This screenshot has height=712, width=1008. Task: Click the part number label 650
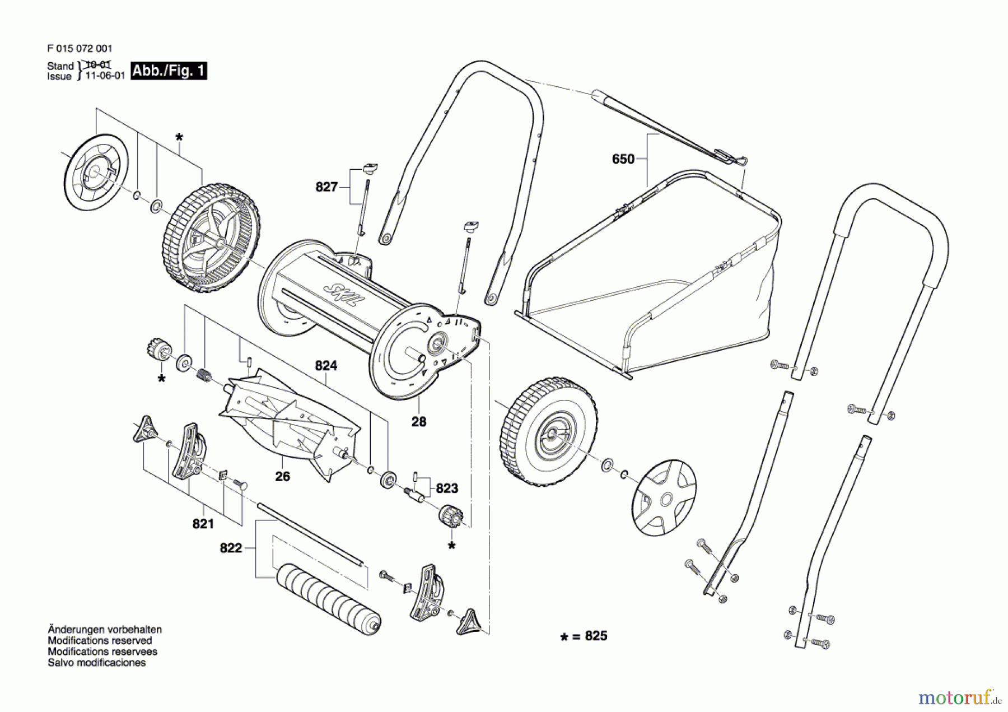[x=623, y=159]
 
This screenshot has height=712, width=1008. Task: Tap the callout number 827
[x=326, y=187]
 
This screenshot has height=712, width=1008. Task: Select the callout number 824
[x=326, y=366]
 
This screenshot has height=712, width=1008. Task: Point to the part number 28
[x=418, y=422]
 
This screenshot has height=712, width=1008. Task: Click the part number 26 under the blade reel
[x=282, y=476]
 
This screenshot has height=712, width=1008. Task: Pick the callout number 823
[x=446, y=488]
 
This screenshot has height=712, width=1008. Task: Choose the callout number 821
[x=203, y=524]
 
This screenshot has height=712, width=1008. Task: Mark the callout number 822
[x=231, y=548]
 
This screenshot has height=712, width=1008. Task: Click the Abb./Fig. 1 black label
[x=169, y=71]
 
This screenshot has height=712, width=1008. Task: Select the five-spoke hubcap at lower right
[x=664, y=497]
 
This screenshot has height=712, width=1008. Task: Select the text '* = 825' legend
[x=584, y=636]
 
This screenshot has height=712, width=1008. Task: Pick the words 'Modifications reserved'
[x=100, y=640]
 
